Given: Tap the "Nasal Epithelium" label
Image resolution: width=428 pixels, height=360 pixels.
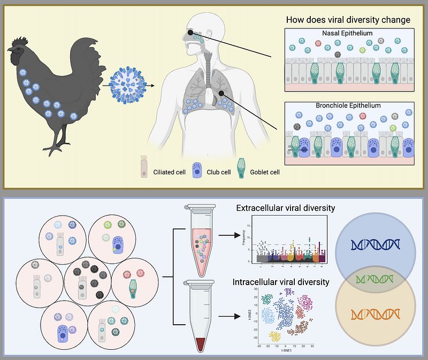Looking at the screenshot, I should coord(347,33).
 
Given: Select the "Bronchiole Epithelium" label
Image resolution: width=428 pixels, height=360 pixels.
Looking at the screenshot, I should coord(347,105).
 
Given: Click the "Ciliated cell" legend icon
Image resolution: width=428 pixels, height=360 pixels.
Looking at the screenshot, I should coord(143,166).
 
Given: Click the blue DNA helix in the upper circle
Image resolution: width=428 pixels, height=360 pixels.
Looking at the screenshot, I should coord(375,244).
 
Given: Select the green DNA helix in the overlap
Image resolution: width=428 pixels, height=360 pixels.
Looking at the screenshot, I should coord(375,279).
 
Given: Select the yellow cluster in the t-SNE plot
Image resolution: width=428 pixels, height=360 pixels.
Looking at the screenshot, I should coord(274,336).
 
